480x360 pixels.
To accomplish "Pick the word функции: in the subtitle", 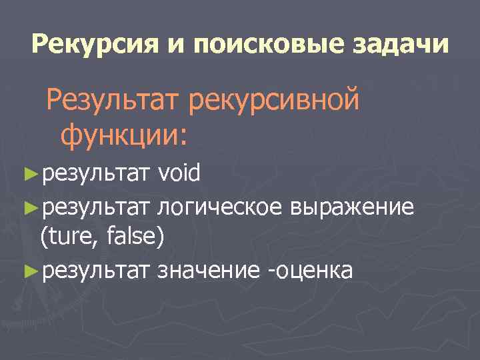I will click(x=125, y=135).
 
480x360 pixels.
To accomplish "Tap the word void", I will click(x=179, y=175).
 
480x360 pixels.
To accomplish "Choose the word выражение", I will click(x=352, y=207).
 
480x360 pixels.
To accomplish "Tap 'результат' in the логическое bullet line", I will click(x=96, y=207).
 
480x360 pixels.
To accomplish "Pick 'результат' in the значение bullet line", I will click(x=96, y=271).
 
